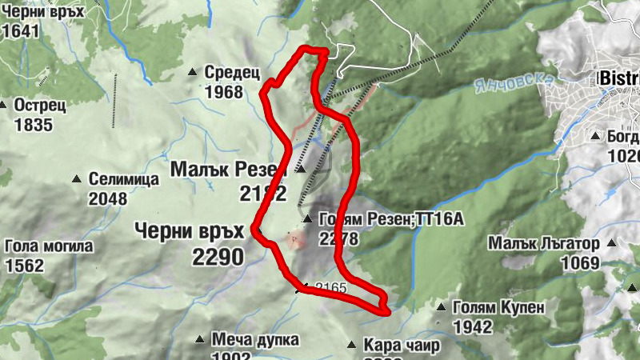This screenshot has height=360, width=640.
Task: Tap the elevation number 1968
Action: coord(223,92)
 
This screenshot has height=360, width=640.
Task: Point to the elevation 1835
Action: coord(33,125)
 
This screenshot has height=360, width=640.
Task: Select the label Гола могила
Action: coord(49,246)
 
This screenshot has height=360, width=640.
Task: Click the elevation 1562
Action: coord(24,266)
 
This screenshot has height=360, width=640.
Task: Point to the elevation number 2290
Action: coord(216,256)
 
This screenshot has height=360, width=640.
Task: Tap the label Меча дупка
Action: coord(244,339)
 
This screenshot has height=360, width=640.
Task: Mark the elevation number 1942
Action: coord(472,326)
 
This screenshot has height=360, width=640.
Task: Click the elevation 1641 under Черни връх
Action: coord(21,32)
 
